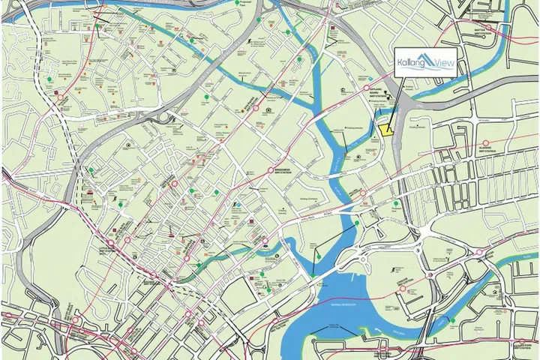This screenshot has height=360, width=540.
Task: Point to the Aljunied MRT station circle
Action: [486, 142]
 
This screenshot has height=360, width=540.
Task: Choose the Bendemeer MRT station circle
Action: [271, 171]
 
